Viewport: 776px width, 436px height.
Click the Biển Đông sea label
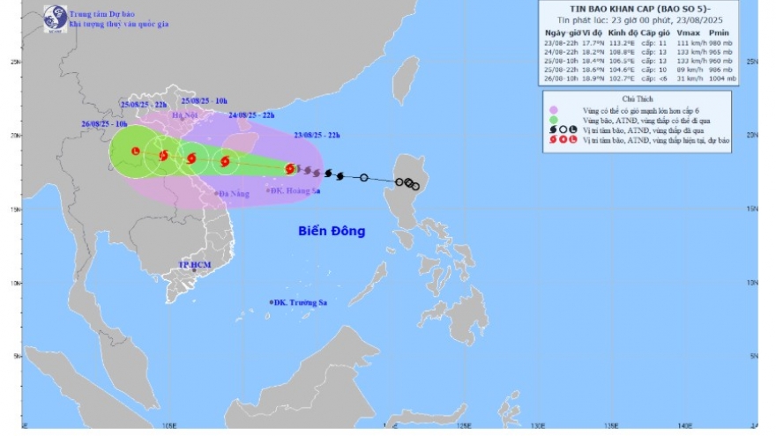331,231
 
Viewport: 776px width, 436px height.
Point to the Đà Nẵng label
234,194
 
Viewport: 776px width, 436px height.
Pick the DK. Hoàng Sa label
295,189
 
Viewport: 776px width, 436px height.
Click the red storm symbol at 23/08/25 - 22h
289,168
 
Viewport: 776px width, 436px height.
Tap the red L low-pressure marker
135,151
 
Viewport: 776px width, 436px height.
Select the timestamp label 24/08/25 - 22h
250,115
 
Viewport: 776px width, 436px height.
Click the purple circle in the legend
553,110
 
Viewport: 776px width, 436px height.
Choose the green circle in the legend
553,120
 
